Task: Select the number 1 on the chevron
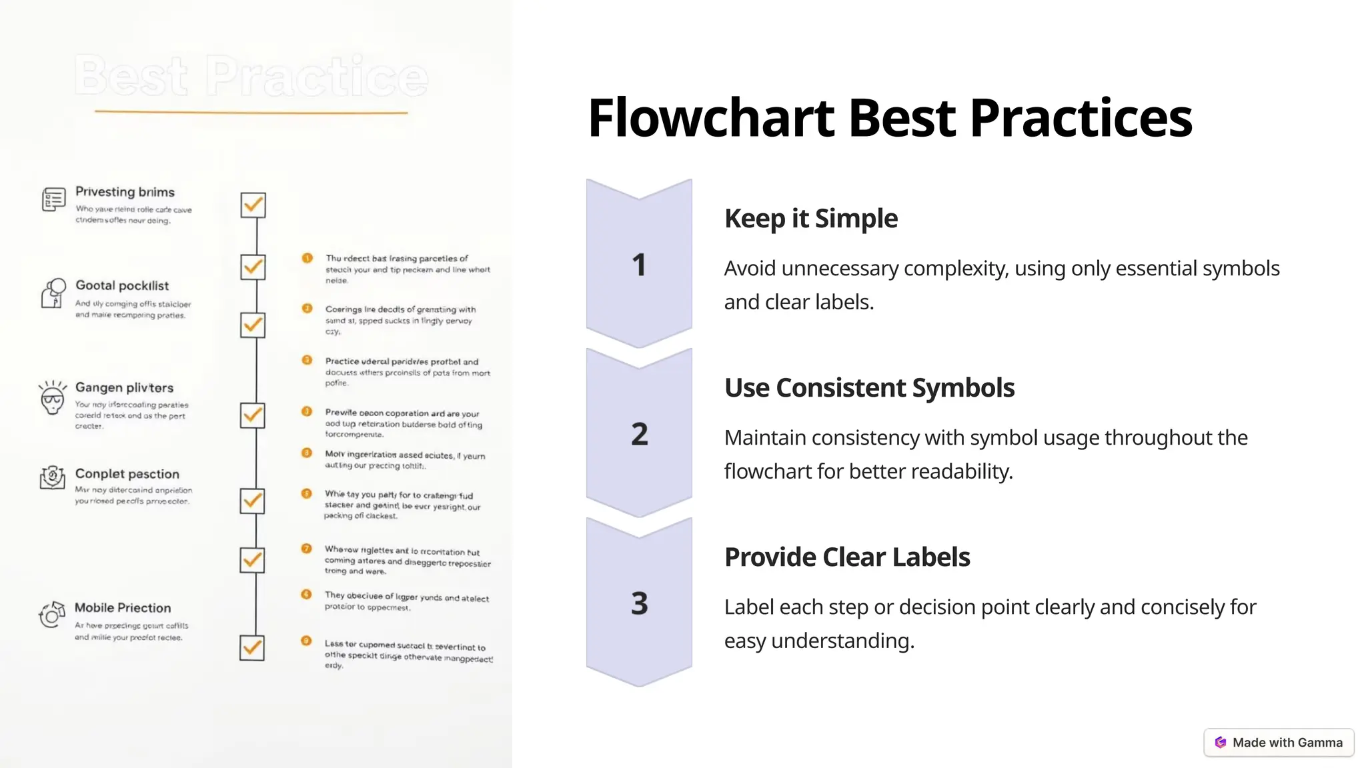click(x=639, y=265)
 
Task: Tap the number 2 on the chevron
click(x=639, y=434)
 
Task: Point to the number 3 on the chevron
click(x=639, y=603)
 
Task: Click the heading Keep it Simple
click(x=810, y=219)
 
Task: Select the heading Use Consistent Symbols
click(x=869, y=388)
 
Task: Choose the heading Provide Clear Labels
click(x=847, y=557)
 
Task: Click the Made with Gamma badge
click(x=1279, y=743)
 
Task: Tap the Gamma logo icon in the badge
click(x=1221, y=743)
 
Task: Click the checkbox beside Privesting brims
click(x=253, y=205)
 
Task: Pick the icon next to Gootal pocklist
click(x=53, y=293)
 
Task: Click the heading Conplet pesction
click(x=127, y=474)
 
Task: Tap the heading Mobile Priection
click(x=123, y=608)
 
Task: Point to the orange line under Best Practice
click(x=251, y=112)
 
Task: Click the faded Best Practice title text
click(x=251, y=76)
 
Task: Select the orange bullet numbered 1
click(x=307, y=258)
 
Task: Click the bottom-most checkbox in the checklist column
click(x=252, y=647)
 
